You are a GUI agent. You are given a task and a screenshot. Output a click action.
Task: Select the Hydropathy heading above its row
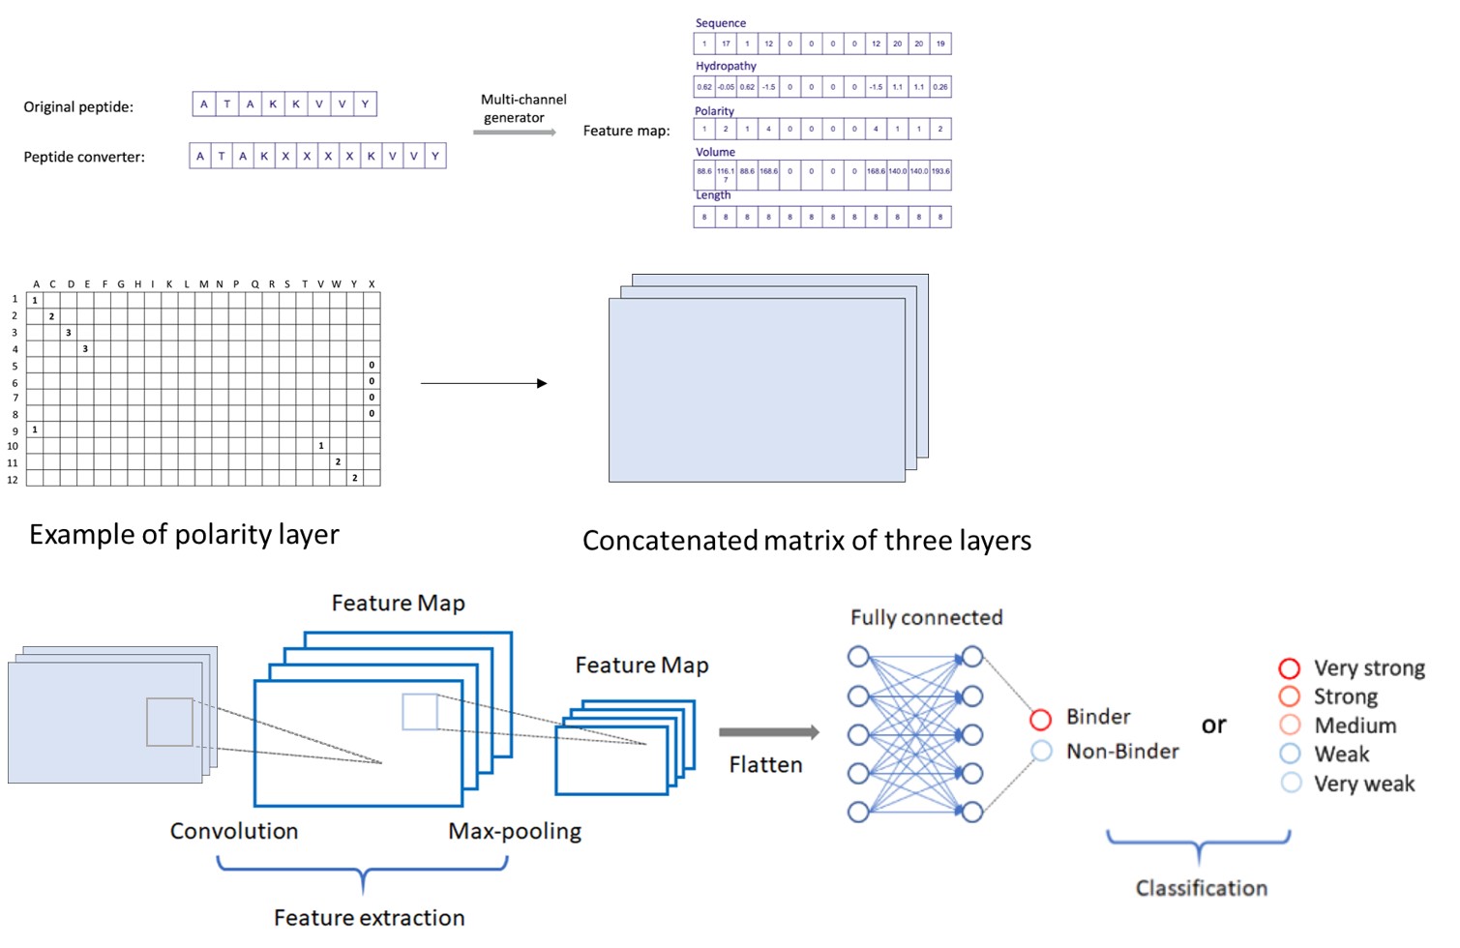click(x=726, y=66)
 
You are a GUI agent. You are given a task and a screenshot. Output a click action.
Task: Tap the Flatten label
click(x=765, y=764)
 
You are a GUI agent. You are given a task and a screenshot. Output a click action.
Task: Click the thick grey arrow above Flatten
click(x=769, y=732)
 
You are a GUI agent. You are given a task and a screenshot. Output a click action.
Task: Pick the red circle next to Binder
click(x=1041, y=720)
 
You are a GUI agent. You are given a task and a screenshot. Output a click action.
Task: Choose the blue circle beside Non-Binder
click(x=1041, y=752)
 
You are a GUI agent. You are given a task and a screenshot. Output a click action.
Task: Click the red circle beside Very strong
click(x=1290, y=668)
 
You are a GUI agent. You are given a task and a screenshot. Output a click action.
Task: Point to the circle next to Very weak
click(x=1291, y=783)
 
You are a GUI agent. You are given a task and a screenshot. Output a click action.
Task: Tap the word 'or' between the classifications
click(x=1213, y=725)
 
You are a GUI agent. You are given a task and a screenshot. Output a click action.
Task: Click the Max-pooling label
click(x=515, y=831)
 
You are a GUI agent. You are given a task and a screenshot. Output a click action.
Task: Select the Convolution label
click(x=234, y=831)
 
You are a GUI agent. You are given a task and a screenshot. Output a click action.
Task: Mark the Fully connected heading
click(x=926, y=617)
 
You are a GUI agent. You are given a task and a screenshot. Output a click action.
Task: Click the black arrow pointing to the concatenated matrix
click(x=484, y=383)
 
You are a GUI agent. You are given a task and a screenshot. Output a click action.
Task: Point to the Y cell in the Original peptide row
click(x=365, y=104)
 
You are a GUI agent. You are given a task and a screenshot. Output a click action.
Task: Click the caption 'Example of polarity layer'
click(x=184, y=534)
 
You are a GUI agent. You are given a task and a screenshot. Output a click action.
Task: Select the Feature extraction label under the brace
click(x=369, y=917)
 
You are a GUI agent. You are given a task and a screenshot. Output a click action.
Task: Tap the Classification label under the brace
click(x=1201, y=888)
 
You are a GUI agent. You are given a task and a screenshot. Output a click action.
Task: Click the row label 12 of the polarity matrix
click(x=13, y=479)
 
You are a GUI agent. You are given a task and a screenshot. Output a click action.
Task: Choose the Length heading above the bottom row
click(x=713, y=195)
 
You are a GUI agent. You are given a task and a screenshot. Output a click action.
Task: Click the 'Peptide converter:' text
click(x=84, y=157)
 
